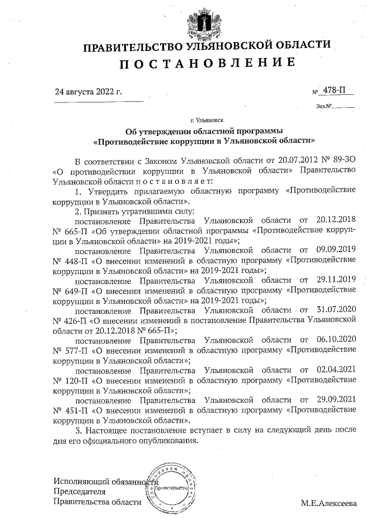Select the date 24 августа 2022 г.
tap(88, 92)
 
